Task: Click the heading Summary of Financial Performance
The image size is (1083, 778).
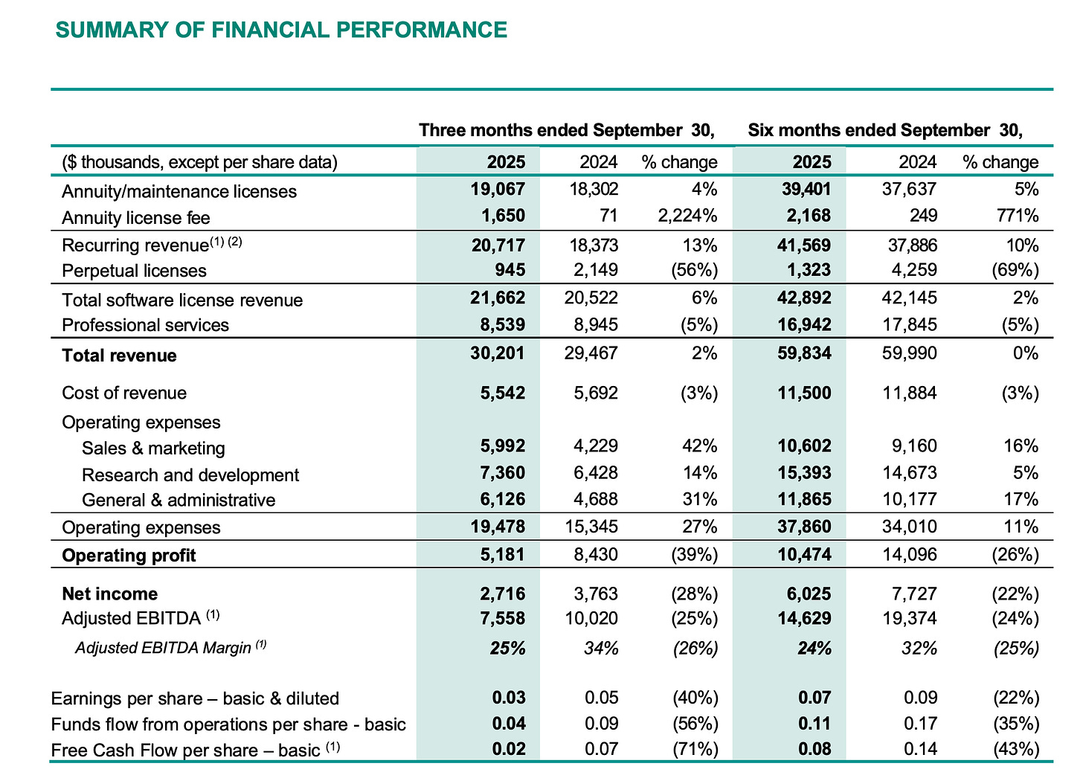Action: pos(281,30)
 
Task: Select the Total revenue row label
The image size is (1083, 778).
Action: pos(119,356)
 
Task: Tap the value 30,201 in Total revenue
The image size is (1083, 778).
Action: pos(498,353)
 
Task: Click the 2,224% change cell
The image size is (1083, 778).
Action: pos(688,216)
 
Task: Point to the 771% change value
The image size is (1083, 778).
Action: pos(1020,216)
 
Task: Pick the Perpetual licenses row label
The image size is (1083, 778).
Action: pos(134,271)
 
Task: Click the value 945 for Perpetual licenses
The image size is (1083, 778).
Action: pos(510,269)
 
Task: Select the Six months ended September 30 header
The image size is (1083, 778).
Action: pos(885,131)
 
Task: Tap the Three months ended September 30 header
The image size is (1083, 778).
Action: pos(567,131)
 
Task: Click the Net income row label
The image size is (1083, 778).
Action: pos(110,594)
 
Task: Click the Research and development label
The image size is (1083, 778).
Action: pos(190,475)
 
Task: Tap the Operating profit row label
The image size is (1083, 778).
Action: pos(129,556)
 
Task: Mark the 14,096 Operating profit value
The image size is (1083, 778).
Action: pos(910,555)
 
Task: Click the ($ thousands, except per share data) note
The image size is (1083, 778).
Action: pos(199,162)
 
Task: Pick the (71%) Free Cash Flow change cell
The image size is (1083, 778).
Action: pos(695,749)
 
